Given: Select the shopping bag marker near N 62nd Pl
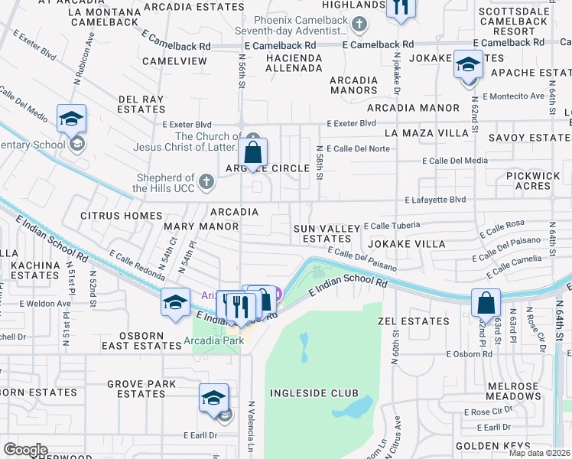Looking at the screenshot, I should [x=486, y=304].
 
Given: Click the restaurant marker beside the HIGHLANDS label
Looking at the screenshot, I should [x=400, y=8].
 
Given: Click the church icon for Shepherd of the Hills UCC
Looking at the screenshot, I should [x=206, y=181].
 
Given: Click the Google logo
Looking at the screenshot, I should [x=25, y=450].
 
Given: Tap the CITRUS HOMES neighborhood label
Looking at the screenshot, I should [x=122, y=216].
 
